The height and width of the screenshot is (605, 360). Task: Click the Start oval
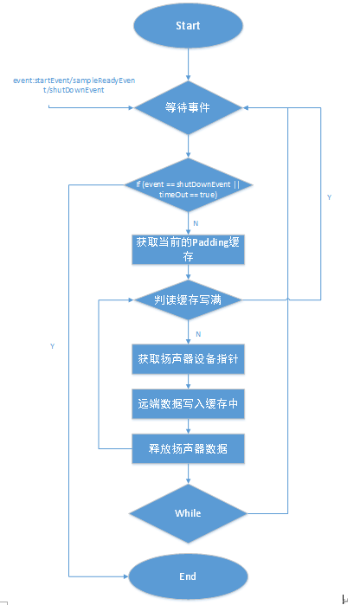[x=188, y=26]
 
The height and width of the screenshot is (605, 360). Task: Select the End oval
[x=188, y=576]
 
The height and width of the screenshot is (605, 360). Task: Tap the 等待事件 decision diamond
[x=188, y=108]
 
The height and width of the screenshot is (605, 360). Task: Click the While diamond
[x=188, y=513]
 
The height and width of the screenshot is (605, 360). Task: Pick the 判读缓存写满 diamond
[x=188, y=300]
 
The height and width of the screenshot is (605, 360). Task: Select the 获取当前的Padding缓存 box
[x=188, y=248]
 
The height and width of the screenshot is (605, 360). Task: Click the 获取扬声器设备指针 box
[x=188, y=357]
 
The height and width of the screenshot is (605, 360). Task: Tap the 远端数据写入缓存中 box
[x=188, y=402]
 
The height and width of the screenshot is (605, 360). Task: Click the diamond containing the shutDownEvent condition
[x=188, y=189]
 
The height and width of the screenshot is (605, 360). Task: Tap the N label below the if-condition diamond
[x=195, y=222]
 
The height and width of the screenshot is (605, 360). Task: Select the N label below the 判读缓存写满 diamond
[x=197, y=333]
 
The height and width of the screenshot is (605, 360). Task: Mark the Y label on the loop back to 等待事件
[x=329, y=198]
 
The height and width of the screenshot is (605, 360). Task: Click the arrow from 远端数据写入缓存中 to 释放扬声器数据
[x=188, y=425]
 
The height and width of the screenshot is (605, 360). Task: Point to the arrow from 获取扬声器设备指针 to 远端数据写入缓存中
[x=188, y=380]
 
